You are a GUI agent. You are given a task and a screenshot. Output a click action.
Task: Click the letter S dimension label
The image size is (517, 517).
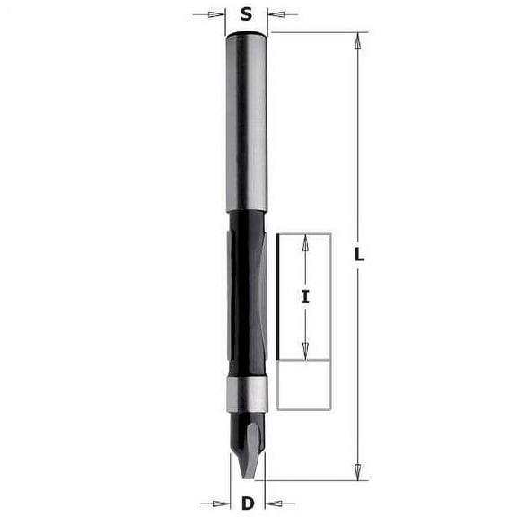(247, 14)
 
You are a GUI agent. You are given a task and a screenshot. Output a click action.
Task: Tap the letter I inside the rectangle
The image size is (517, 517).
(305, 297)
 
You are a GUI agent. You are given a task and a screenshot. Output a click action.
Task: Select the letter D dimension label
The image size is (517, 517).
(247, 503)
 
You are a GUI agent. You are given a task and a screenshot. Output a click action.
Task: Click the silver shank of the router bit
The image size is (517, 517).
(247, 126)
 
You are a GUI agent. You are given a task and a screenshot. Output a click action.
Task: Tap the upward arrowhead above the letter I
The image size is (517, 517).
(305, 241)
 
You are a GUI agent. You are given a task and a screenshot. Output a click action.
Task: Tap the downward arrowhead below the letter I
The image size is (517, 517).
(305, 355)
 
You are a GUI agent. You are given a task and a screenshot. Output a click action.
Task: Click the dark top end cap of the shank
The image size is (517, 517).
(247, 35)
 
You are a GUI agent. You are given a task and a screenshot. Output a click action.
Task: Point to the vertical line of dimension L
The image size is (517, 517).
(358, 162)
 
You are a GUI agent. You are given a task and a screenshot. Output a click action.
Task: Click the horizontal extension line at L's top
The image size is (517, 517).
(314, 32)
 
